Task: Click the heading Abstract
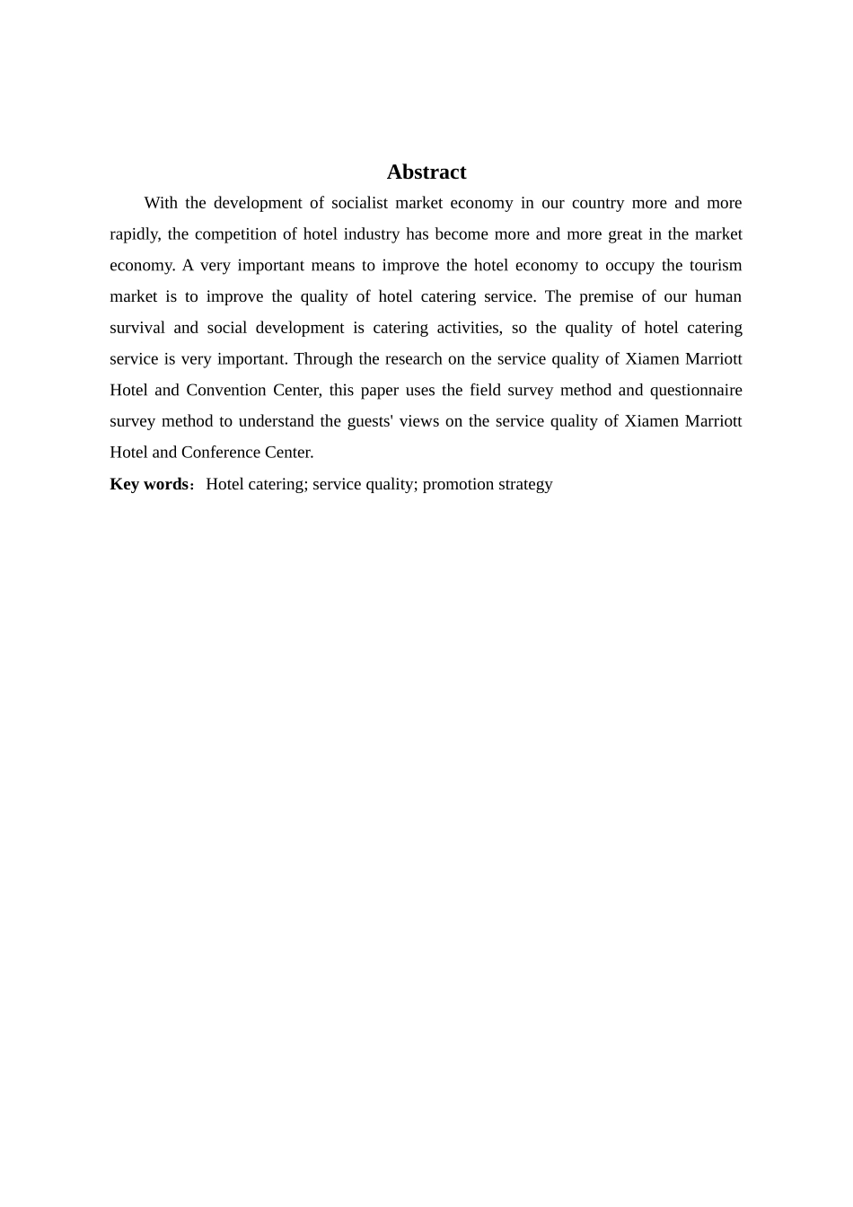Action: [x=426, y=172]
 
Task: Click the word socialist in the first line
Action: [x=359, y=203]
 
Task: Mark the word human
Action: [x=718, y=296]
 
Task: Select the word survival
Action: [x=137, y=328]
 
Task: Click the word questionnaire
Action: [x=696, y=390]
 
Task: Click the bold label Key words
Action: [x=149, y=484]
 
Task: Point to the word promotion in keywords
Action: [x=457, y=484]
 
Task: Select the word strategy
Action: [x=525, y=484]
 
